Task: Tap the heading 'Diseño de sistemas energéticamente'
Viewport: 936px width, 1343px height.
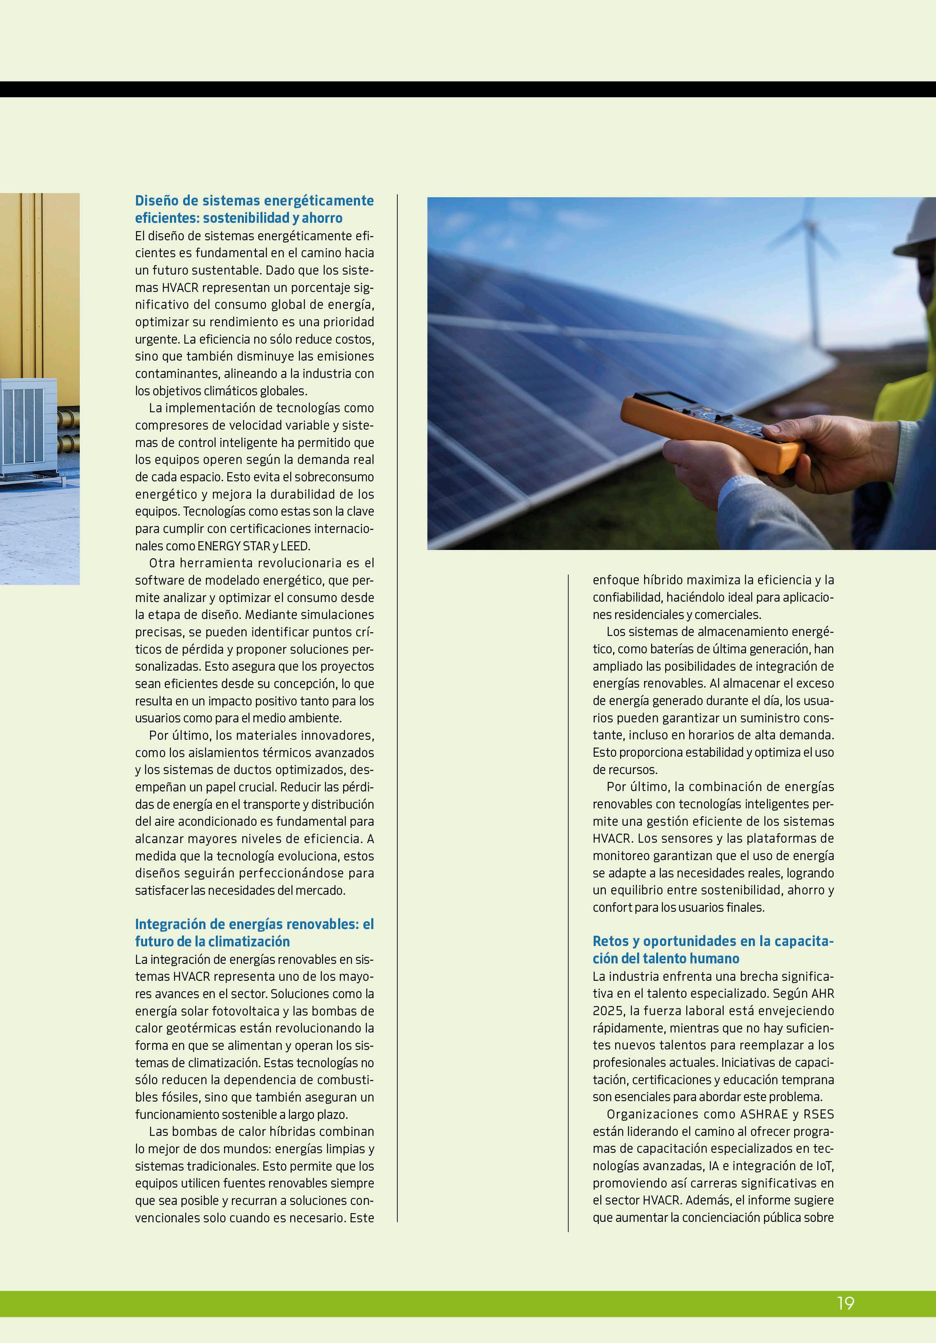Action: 254,201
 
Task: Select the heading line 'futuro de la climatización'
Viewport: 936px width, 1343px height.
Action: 213,941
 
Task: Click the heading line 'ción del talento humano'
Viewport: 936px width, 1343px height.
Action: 666,958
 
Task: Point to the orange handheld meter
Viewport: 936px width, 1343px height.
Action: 711,430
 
